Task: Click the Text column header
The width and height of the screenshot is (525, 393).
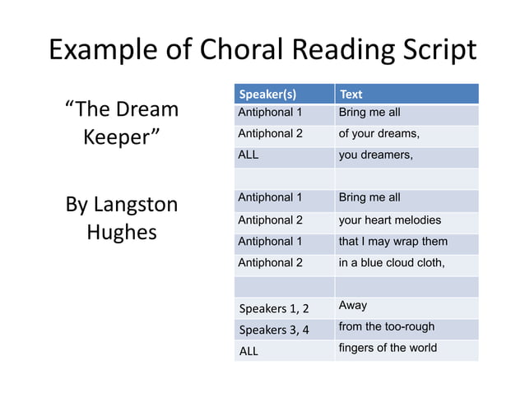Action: [351, 94]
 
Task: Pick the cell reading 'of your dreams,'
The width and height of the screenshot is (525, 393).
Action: [379, 133]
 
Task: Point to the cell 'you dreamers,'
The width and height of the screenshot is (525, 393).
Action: [375, 155]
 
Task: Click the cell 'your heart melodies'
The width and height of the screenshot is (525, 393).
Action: [389, 220]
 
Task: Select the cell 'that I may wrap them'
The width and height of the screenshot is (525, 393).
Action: [393, 241]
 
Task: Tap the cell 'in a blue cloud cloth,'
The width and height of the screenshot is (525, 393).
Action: [392, 263]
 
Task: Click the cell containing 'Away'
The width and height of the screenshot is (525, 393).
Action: [353, 306]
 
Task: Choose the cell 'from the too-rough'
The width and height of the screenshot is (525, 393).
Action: [386, 326]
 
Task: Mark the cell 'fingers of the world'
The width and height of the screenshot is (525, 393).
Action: [388, 348]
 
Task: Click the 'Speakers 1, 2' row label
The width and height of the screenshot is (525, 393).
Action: [273, 309]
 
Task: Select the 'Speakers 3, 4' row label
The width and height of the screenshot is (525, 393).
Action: [273, 331]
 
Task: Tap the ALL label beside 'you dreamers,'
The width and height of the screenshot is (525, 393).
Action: [248, 155]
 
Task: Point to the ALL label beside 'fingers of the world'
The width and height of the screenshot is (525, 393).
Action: [248, 351]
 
